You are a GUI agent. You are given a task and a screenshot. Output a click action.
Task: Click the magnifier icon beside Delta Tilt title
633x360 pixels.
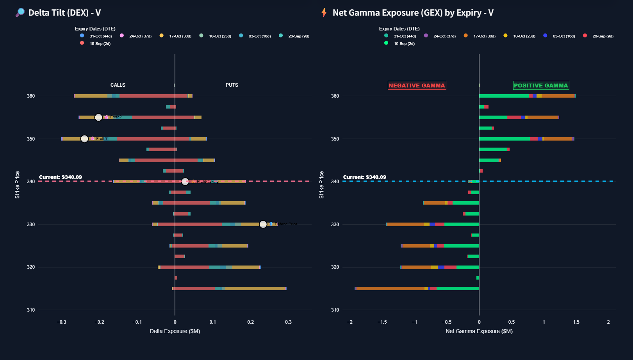click(20, 12)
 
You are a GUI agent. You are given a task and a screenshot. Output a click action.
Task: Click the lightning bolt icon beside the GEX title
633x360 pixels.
click(324, 12)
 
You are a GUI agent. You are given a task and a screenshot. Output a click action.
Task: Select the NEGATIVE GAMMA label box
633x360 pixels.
click(417, 86)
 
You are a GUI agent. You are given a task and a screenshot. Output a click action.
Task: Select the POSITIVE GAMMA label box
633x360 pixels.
click(541, 86)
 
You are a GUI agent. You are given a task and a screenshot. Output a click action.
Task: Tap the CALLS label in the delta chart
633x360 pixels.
click(118, 85)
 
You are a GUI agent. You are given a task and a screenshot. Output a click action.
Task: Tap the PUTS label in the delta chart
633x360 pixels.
click(232, 85)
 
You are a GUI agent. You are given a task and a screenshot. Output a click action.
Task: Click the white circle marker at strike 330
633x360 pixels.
click(263, 224)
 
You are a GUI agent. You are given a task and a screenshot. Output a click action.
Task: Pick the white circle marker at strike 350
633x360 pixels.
click(84, 139)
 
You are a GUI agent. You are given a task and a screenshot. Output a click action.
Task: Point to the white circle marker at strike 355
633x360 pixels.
click(98, 117)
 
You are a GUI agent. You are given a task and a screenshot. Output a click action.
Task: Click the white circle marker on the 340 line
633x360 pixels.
click(185, 182)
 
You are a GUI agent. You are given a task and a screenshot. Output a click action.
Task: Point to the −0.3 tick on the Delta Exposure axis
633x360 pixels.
click(62, 322)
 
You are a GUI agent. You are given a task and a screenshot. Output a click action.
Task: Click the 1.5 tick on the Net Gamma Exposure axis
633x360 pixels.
click(576, 322)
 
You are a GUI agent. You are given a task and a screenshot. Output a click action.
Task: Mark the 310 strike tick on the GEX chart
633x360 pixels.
click(335, 310)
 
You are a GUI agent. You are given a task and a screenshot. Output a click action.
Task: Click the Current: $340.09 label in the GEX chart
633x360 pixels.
click(365, 177)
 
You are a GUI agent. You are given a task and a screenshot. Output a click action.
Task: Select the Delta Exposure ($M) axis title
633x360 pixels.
click(175, 331)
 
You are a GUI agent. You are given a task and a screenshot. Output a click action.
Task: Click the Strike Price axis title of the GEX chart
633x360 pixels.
click(321, 185)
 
